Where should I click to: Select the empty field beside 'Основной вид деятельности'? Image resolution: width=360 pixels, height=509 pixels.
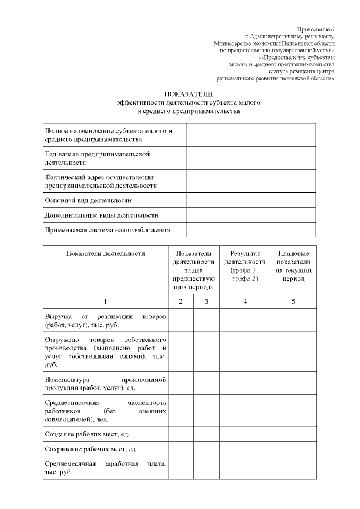tap(251, 200)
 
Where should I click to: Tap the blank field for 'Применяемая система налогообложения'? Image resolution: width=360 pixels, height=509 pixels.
tap(251, 230)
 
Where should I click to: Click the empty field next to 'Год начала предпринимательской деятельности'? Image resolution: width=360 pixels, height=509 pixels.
tap(251, 158)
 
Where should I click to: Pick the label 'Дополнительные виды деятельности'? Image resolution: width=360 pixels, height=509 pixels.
tap(101, 215)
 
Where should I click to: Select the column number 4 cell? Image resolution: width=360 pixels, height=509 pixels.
tap(245, 302)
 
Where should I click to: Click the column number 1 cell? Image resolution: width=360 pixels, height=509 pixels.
tap(105, 302)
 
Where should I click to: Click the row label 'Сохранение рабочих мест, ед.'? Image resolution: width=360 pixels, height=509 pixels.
tap(91, 450)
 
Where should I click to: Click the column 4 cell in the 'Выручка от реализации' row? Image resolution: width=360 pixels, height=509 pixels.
tap(245, 321)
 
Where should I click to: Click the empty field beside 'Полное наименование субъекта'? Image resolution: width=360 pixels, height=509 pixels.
tap(251, 135)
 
